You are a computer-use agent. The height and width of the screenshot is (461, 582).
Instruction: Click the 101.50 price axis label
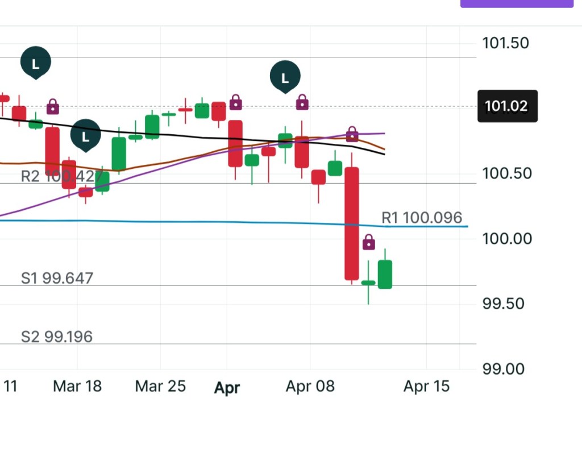pyautogui.click(x=505, y=43)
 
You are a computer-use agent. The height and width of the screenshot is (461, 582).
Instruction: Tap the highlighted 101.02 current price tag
pyautogui.click(x=506, y=106)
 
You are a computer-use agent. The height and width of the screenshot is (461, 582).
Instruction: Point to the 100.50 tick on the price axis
pyautogui.click(x=505, y=173)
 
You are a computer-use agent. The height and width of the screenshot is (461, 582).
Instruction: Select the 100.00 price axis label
pyautogui.click(x=505, y=238)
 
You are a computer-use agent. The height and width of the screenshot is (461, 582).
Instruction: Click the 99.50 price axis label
pyautogui.click(x=505, y=304)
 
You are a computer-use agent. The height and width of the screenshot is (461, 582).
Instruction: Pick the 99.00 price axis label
pyautogui.click(x=505, y=368)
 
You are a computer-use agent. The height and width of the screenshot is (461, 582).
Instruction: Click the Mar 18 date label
pyautogui.click(x=77, y=387)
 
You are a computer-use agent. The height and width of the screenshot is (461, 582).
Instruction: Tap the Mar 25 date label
pyautogui.click(x=160, y=387)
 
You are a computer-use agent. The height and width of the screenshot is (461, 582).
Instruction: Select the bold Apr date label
pyautogui.click(x=227, y=388)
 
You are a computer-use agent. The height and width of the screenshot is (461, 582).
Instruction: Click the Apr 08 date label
pyautogui.click(x=310, y=387)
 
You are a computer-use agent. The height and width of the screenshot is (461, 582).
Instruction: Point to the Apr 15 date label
pyautogui.click(x=426, y=387)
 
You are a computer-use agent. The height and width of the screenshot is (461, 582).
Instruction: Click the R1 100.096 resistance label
pyautogui.click(x=421, y=218)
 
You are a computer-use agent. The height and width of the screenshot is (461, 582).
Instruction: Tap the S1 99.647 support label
pyautogui.click(x=57, y=279)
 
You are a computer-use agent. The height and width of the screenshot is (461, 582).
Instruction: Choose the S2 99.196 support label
pyautogui.click(x=57, y=337)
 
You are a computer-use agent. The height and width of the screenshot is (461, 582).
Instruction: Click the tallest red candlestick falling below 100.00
pyautogui.click(x=352, y=223)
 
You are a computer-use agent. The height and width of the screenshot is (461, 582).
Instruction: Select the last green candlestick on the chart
pyautogui.click(x=385, y=274)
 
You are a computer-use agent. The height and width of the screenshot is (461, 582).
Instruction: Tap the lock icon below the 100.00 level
pyautogui.click(x=369, y=243)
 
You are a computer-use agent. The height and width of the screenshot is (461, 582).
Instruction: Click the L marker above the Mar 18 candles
pyautogui.click(x=85, y=136)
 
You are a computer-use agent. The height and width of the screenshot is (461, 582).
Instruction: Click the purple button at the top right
pyautogui.click(x=516, y=3)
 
